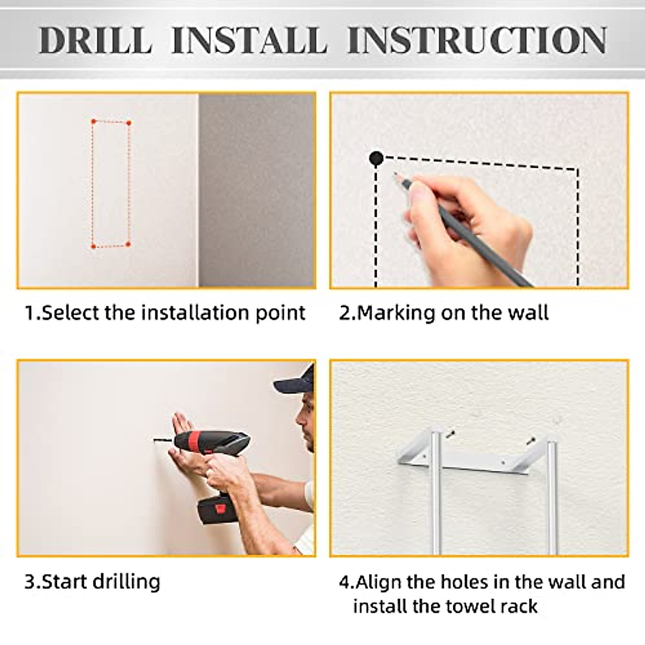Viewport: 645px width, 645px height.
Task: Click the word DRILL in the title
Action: coord(96,40)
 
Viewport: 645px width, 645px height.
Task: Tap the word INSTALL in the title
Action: coord(249,40)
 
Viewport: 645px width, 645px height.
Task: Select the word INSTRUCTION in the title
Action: coord(477,40)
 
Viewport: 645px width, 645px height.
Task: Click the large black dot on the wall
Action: coord(376,158)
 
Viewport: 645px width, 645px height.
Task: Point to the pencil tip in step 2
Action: coord(395,174)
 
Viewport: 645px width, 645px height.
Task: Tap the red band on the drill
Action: coord(193,441)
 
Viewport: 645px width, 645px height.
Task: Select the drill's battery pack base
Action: coord(217,514)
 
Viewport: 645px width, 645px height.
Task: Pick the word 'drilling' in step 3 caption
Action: coord(126,582)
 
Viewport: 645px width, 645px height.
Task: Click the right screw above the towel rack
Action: coord(530,440)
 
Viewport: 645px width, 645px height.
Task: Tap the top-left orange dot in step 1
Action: coord(94,121)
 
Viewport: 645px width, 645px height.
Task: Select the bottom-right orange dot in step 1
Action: coord(128,245)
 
